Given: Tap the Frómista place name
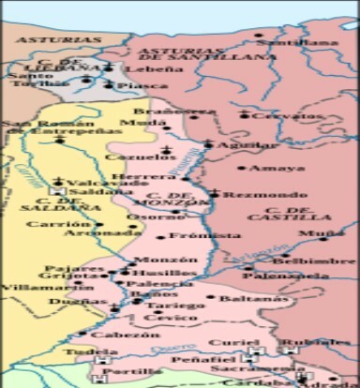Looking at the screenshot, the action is pyautogui.click(x=193, y=237).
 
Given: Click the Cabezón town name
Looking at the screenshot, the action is pyautogui.click(x=126, y=334).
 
